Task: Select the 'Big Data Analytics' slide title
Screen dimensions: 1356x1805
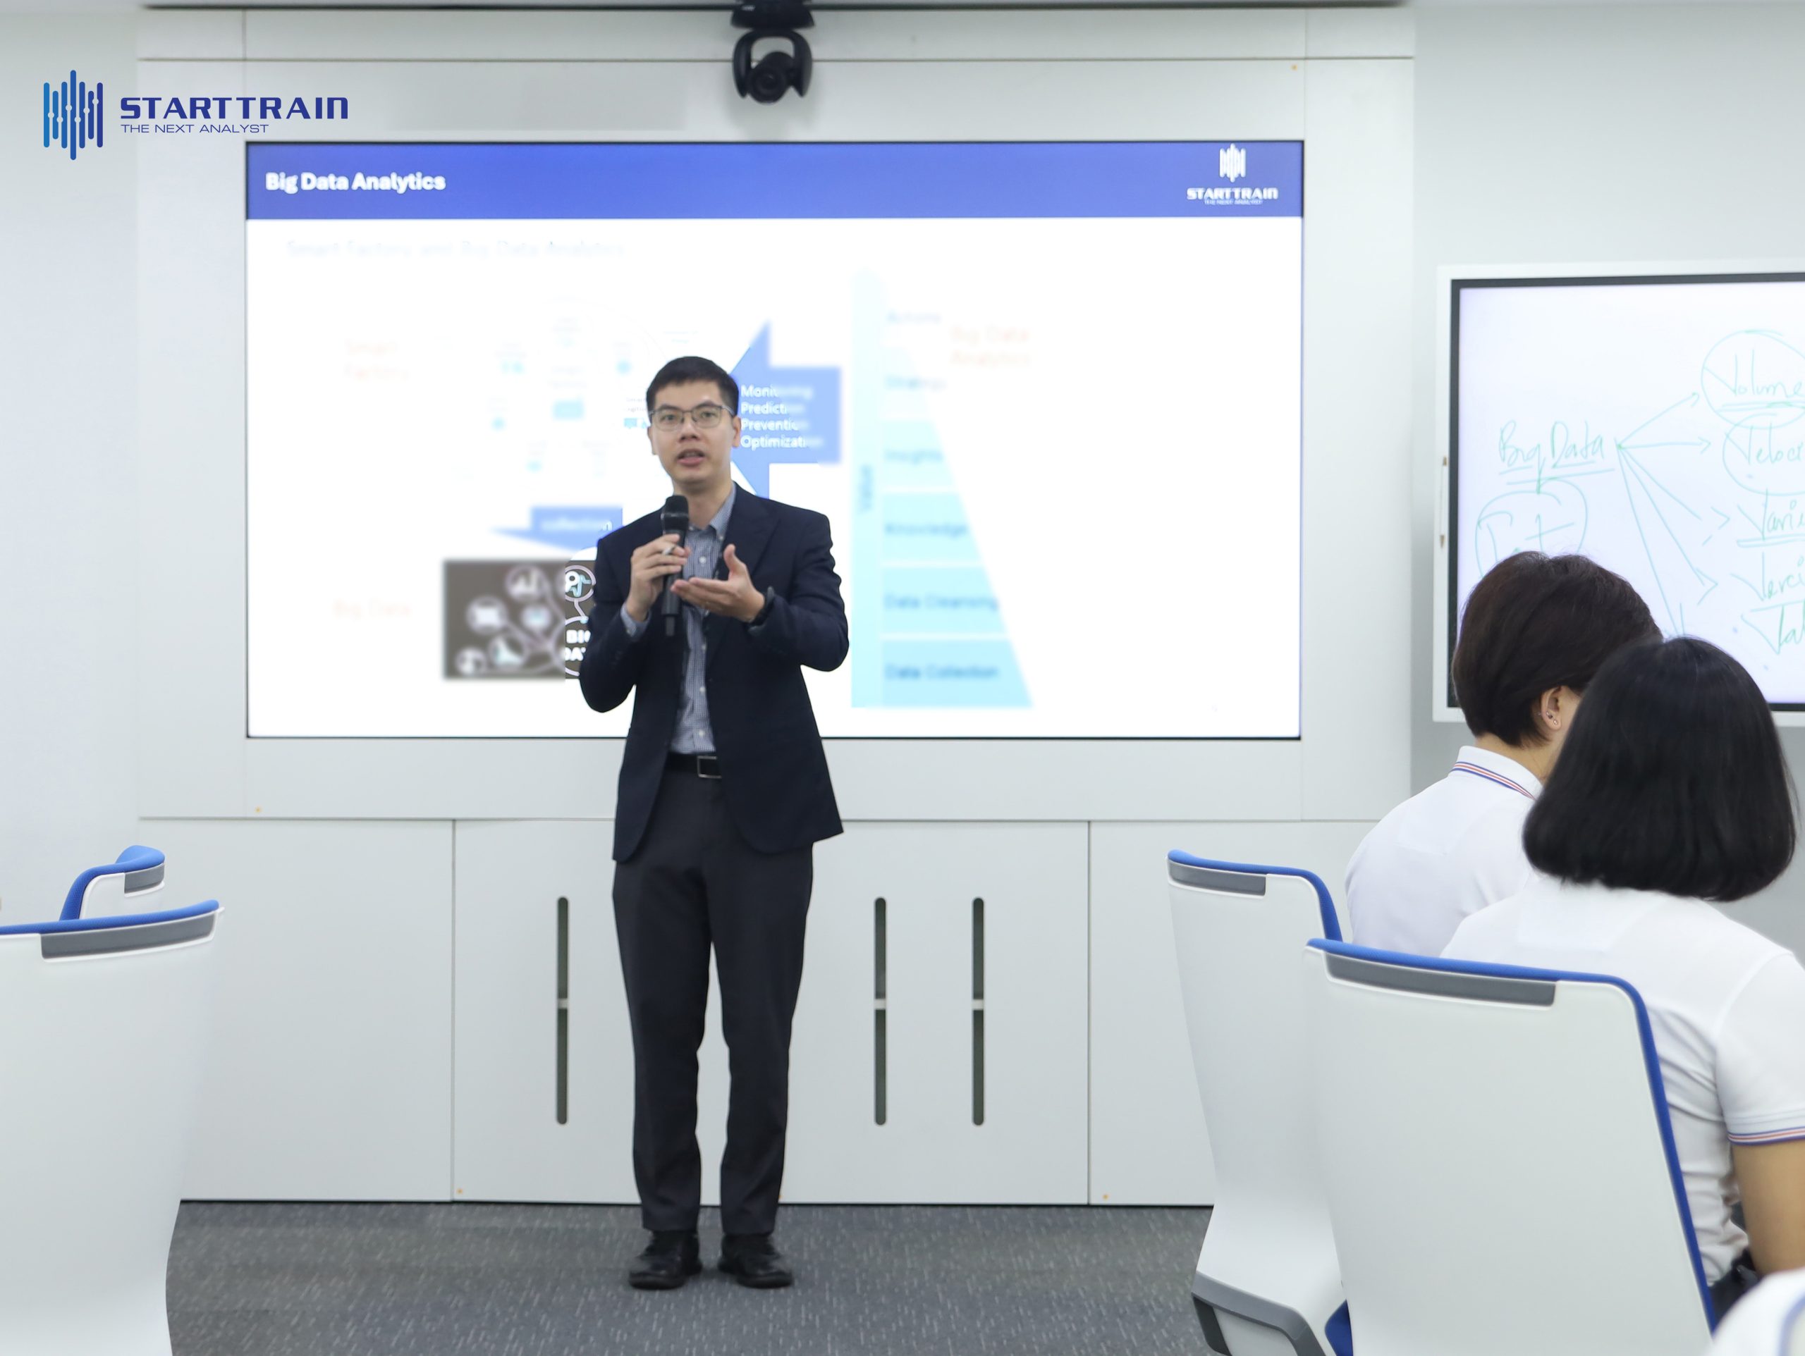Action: tap(355, 181)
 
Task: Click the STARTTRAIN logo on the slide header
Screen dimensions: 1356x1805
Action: tap(1231, 175)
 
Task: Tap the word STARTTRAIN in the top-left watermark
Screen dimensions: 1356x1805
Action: tap(233, 108)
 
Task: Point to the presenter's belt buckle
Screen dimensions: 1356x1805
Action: tap(706, 766)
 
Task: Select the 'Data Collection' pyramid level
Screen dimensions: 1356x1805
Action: tap(942, 672)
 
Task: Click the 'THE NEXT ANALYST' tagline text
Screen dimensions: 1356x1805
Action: tap(194, 128)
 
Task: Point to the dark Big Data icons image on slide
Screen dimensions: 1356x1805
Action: tap(506, 620)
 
